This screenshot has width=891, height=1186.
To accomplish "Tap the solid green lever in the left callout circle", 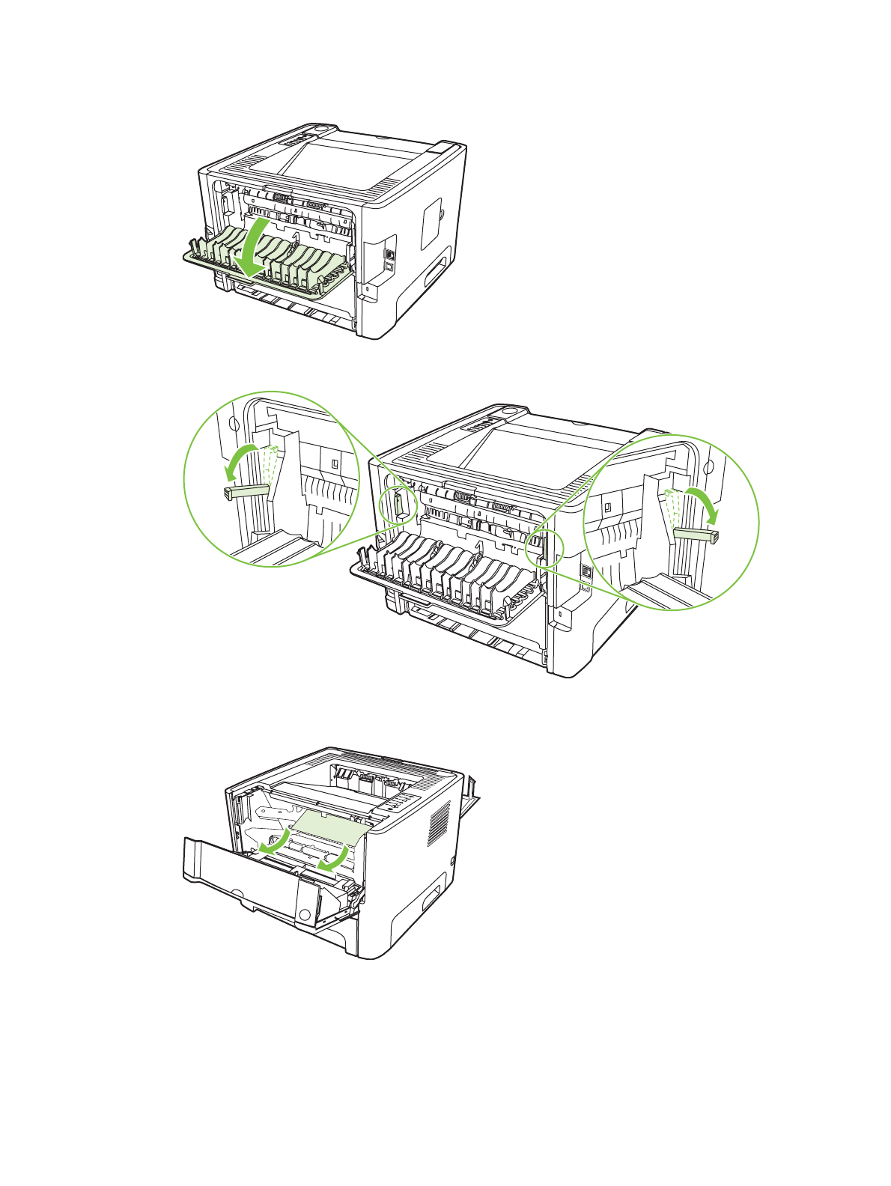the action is (246, 491).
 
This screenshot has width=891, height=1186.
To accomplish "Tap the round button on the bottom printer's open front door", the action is (304, 914).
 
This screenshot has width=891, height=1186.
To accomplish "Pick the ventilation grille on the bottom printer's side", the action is (439, 823).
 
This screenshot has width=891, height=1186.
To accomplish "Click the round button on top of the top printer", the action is (321, 130).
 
